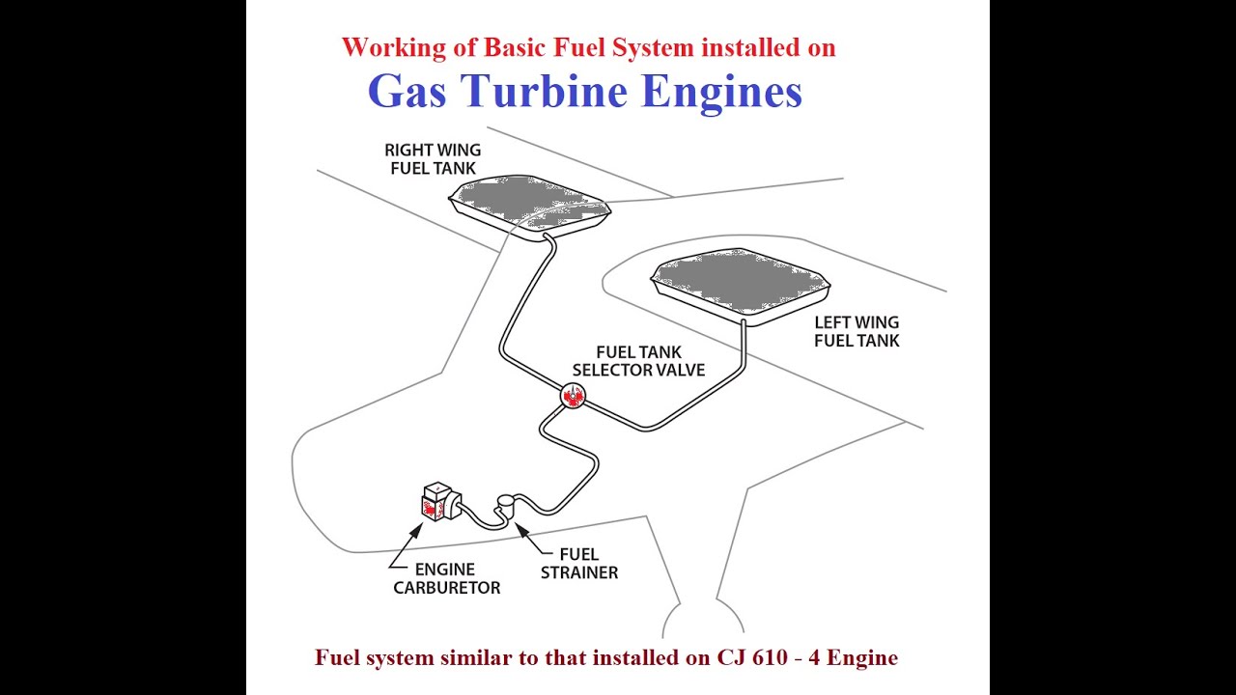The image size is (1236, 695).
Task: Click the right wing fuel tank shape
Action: [x=529, y=205]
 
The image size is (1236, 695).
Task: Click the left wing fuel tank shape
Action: [x=741, y=283]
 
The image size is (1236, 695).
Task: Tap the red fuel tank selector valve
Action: [x=574, y=395]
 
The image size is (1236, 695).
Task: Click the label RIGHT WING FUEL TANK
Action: [x=433, y=159]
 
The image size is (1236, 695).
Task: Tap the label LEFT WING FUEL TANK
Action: [x=857, y=331]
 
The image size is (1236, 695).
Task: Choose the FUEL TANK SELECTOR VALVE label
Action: [x=638, y=361]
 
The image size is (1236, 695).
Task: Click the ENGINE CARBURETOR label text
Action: [x=447, y=578]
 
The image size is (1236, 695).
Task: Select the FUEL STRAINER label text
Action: [x=579, y=563]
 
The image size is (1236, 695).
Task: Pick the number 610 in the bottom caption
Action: [x=772, y=657]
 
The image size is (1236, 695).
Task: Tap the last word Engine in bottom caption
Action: [x=863, y=657]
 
